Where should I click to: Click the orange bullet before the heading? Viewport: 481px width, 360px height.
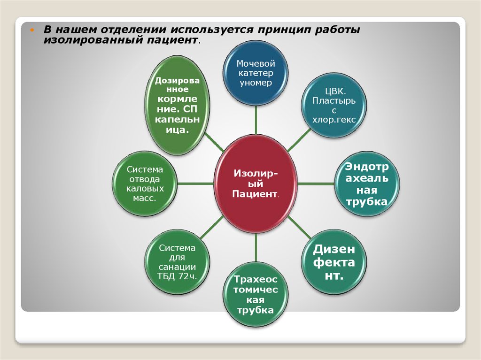coord(32,31)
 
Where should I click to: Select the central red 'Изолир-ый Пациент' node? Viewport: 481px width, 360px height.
coord(256,184)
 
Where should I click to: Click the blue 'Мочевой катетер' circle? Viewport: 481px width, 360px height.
coord(256,73)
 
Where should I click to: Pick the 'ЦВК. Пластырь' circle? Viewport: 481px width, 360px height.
coord(334,105)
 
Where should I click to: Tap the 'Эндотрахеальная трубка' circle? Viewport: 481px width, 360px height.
coord(366,184)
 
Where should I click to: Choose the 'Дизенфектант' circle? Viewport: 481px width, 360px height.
coord(334,262)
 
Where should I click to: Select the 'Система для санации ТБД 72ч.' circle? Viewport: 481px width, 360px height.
coord(177,262)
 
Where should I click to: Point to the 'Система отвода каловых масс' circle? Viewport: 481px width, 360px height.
coord(145,184)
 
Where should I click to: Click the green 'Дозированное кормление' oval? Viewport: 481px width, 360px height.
coord(177,105)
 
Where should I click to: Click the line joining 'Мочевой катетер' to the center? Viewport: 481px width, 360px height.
coord(256,120)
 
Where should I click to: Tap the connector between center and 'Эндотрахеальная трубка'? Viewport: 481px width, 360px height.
coord(316,184)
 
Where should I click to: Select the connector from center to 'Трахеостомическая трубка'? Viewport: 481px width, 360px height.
coord(256,248)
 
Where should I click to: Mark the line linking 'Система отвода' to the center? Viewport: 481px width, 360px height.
coord(195,184)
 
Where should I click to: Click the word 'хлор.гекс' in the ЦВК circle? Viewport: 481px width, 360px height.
coord(334,120)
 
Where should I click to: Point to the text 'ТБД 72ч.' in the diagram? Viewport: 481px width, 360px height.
coord(177,276)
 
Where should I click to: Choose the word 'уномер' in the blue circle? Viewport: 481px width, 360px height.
coord(256,83)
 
